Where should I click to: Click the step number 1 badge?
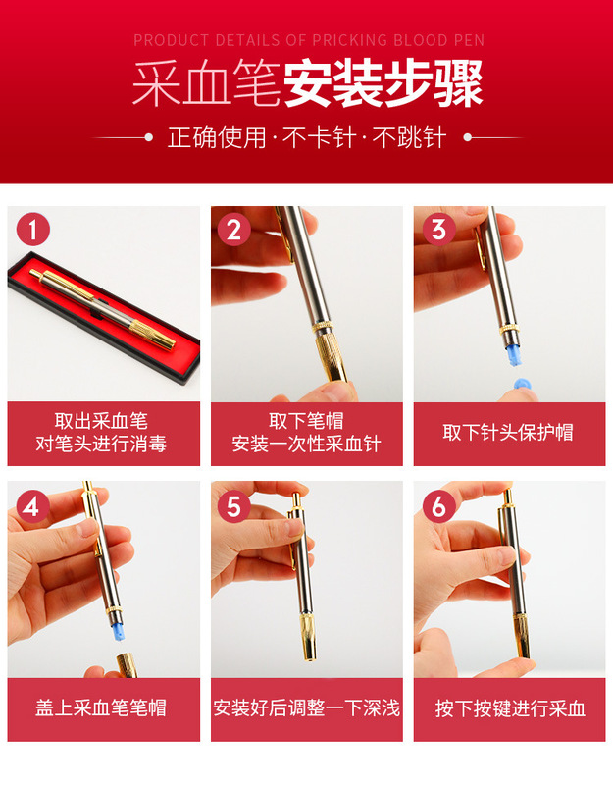(x=33, y=230)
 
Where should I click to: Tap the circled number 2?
(x=234, y=230)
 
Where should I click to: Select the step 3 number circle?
(x=438, y=230)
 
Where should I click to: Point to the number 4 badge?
(x=33, y=506)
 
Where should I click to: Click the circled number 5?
(x=234, y=506)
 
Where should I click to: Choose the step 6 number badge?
(x=438, y=506)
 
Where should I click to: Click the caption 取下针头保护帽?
(x=508, y=433)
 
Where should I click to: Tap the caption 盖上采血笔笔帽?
(x=101, y=707)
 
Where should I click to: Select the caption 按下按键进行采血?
(x=510, y=708)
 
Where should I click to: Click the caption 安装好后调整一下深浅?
(x=307, y=707)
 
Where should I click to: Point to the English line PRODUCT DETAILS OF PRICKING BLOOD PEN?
(x=309, y=40)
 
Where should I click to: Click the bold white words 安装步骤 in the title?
(x=383, y=83)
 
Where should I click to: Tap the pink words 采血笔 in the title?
(x=207, y=83)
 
